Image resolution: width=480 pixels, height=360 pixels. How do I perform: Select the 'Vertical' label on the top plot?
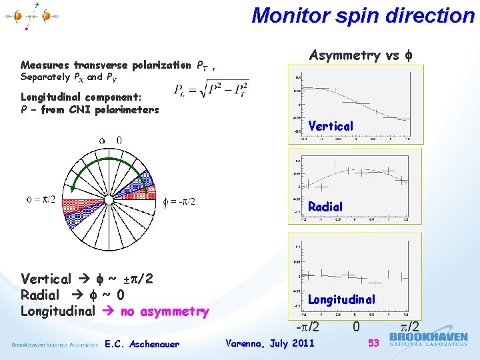[x=331, y=126]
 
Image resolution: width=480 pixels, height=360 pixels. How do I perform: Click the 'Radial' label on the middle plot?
[x=325, y=207]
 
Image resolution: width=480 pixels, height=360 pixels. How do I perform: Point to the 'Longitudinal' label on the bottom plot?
[x=341, y=300]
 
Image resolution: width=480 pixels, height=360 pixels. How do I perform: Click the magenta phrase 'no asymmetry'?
[x=165, y=311]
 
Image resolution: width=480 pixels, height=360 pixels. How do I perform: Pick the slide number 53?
[x=374, y=343]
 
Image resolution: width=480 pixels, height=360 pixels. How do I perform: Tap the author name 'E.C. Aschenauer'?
[x=142, y=345]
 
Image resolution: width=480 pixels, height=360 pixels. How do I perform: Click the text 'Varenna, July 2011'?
[x=270, y=343]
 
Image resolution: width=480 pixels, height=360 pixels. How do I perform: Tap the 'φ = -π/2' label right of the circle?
[x=179, y=202]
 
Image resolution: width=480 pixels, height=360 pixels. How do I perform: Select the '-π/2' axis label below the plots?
[x=307, y=327]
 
